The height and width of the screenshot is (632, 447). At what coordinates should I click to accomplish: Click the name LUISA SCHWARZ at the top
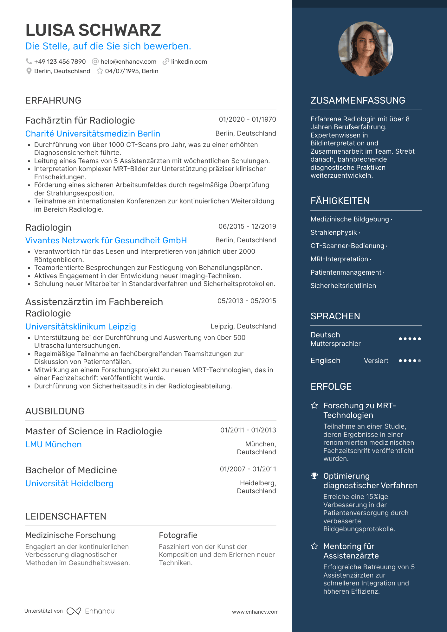click(x=93, y=30)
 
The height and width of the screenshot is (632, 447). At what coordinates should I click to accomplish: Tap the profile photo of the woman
click(x=366, y=49)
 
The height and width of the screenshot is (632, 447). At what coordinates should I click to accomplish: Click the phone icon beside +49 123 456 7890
click(x=29, y=61)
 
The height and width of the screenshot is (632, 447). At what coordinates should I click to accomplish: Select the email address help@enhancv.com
click(x=128, y=61)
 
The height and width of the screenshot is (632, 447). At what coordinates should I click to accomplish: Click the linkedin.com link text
click(x=189, y=61)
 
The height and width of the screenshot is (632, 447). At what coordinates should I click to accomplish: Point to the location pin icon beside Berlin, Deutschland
click(x=29, y=71)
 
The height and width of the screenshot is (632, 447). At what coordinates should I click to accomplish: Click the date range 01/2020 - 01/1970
click(x=247, y=119)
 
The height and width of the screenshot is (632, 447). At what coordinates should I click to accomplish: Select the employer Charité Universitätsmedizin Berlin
click(x=93, y=134)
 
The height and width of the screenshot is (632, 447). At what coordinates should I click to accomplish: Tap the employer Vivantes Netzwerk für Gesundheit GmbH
click(x=106, y=240)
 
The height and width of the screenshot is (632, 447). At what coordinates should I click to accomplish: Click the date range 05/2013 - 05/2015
click(x=247, y=301)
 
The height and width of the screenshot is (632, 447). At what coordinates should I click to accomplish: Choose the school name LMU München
click(x=53, y=444)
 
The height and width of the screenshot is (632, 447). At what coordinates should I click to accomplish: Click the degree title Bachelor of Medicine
click(x=71, y=470)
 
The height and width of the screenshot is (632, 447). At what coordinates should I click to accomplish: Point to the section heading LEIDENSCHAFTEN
click(x=66, y=516)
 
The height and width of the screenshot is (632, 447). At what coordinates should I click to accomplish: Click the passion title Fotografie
click(x=178, y=535)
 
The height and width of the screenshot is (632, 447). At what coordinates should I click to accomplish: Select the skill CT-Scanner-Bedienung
click(x=347, y=246)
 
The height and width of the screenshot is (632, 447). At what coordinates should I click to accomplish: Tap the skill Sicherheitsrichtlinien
click(x=343, y=286)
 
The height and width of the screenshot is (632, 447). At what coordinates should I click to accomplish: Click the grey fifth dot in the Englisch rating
click(x=419, y=361)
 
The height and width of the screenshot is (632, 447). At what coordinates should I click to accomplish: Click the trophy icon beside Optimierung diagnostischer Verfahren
click(x=314, y=476)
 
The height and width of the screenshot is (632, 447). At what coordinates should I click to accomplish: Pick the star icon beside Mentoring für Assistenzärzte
click(x=314, y=546)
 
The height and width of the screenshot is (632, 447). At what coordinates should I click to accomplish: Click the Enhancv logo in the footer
click(x=91, y=611)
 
